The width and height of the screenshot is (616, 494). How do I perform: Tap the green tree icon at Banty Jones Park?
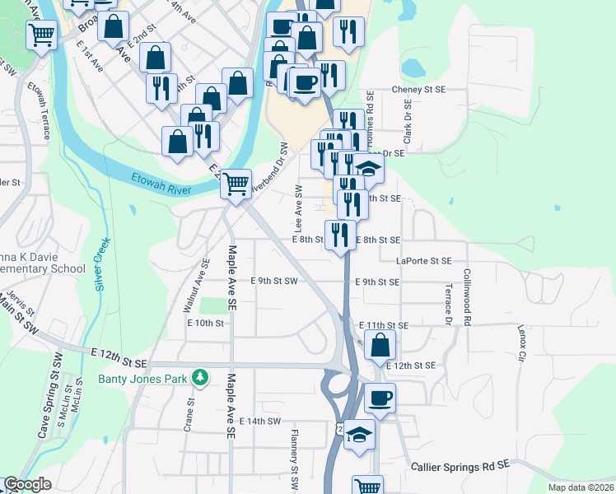tap(198, 378)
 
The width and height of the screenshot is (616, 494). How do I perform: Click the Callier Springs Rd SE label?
tap(461, 466)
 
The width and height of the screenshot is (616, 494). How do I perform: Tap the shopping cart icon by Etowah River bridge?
tap(236, 183)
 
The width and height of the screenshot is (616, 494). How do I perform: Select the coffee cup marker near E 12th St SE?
tap(380, 398)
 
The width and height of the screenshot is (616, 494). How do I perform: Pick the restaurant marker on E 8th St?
tap(341, 235)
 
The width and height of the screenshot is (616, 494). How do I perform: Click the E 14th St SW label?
tap(259, 421)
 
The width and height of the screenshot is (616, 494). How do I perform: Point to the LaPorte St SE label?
tap(423, 260)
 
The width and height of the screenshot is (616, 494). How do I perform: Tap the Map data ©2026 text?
tap(580, 487)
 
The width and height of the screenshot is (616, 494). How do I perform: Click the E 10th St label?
tap(205, 324)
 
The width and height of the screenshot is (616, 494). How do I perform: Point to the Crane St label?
tap(189, 416)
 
